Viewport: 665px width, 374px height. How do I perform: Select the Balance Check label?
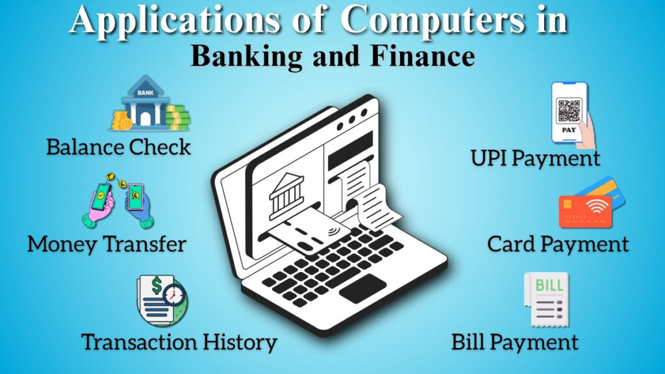tap(119, 147)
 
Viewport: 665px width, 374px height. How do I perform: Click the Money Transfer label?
tap(107, 244)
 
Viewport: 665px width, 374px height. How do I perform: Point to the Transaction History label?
tap(179, 342)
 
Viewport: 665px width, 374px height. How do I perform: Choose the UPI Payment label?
tap(536, 158)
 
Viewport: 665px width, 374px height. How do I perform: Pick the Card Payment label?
tap(558, 244)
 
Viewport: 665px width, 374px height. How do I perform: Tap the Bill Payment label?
tap(515, 342)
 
